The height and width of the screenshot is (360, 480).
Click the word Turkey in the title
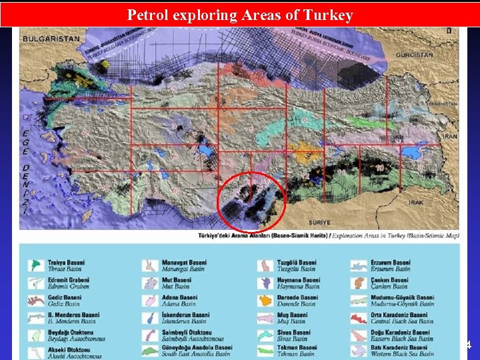point(328,15)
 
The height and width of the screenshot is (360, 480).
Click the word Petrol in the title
point(147,15)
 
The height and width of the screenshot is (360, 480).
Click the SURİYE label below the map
point(320,222)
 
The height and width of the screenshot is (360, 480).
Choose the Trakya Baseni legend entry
point(67,262)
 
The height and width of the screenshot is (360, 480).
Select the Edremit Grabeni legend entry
point(69,280)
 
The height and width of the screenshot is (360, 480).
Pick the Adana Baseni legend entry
point(179,297)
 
